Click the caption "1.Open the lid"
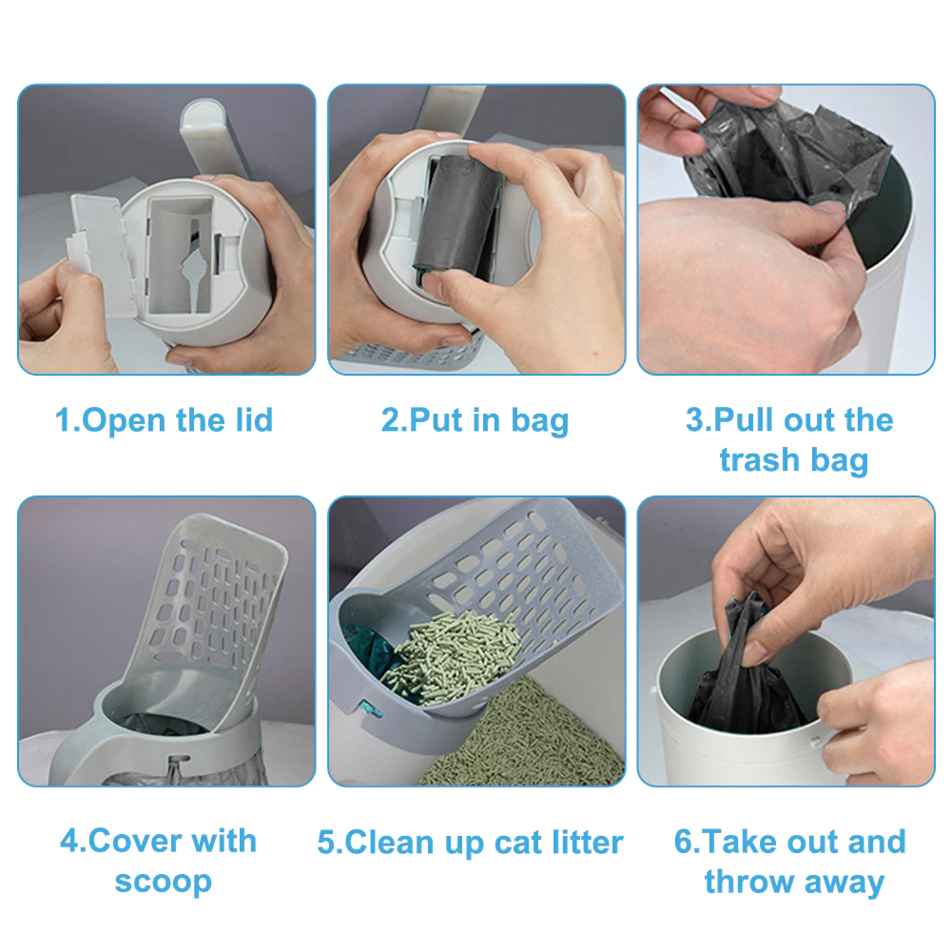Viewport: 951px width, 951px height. (x=165, y=420)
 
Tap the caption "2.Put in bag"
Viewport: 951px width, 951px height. (x=475, y=420)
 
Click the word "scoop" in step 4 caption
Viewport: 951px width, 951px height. (x=163, y=881)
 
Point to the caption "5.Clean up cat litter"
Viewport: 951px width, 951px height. (x=470, y=843)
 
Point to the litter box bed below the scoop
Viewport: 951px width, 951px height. (x=533, y=742)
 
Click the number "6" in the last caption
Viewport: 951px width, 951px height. (x=684, y=843)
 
